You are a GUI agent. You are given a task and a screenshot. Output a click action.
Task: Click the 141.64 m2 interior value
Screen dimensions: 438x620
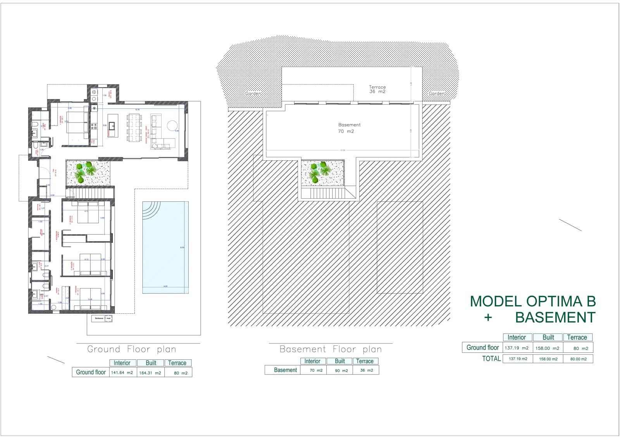pyautogui.click(x=122, y=373)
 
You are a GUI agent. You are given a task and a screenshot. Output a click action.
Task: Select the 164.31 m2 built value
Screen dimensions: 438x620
pyautogui.click(x=150, y=373)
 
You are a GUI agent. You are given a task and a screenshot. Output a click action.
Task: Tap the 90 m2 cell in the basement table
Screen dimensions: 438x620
pyautogui.click(x=341, y=371)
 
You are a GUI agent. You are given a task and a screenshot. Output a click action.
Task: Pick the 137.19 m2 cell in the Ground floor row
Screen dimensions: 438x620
pyautogui.click(x=517, y=348)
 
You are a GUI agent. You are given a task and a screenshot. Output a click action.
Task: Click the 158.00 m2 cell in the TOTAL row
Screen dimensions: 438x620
pyautogui.click(x=548, y=359)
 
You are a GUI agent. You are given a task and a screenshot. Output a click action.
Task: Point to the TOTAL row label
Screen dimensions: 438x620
pyautogui.click(x=491, y=359)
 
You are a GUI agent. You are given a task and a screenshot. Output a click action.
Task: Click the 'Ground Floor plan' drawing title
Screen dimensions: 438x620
pyautogui.click(x=132, y=349)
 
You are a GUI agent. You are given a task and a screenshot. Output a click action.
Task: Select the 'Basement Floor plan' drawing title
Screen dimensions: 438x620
pyautogui.click(x=331, y=349)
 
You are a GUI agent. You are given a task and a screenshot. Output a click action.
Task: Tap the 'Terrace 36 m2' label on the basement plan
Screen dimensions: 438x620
pyautogui.click(x=377, y=89)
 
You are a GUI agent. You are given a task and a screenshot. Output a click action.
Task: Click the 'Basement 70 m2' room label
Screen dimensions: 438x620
pyautogui.click(x=349, y=128)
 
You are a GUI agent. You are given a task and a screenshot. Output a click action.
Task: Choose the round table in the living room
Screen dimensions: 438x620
pyautogui.click(x=172, y=126)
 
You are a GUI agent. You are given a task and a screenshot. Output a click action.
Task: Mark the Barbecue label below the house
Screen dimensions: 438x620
pyautogui.click(x=102, y=319)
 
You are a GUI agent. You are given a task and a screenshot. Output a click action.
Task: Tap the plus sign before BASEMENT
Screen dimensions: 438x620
pyautogui.click(x=488, y=318)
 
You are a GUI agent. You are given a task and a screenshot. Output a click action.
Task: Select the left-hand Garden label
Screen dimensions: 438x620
pyautogui.click(x=253, y=94)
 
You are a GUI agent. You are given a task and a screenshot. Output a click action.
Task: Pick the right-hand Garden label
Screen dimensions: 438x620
pyautogui.click(x=436, y=94)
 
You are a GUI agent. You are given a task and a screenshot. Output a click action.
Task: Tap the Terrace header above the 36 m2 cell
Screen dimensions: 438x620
pyautogui.click(x=365, y=361)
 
